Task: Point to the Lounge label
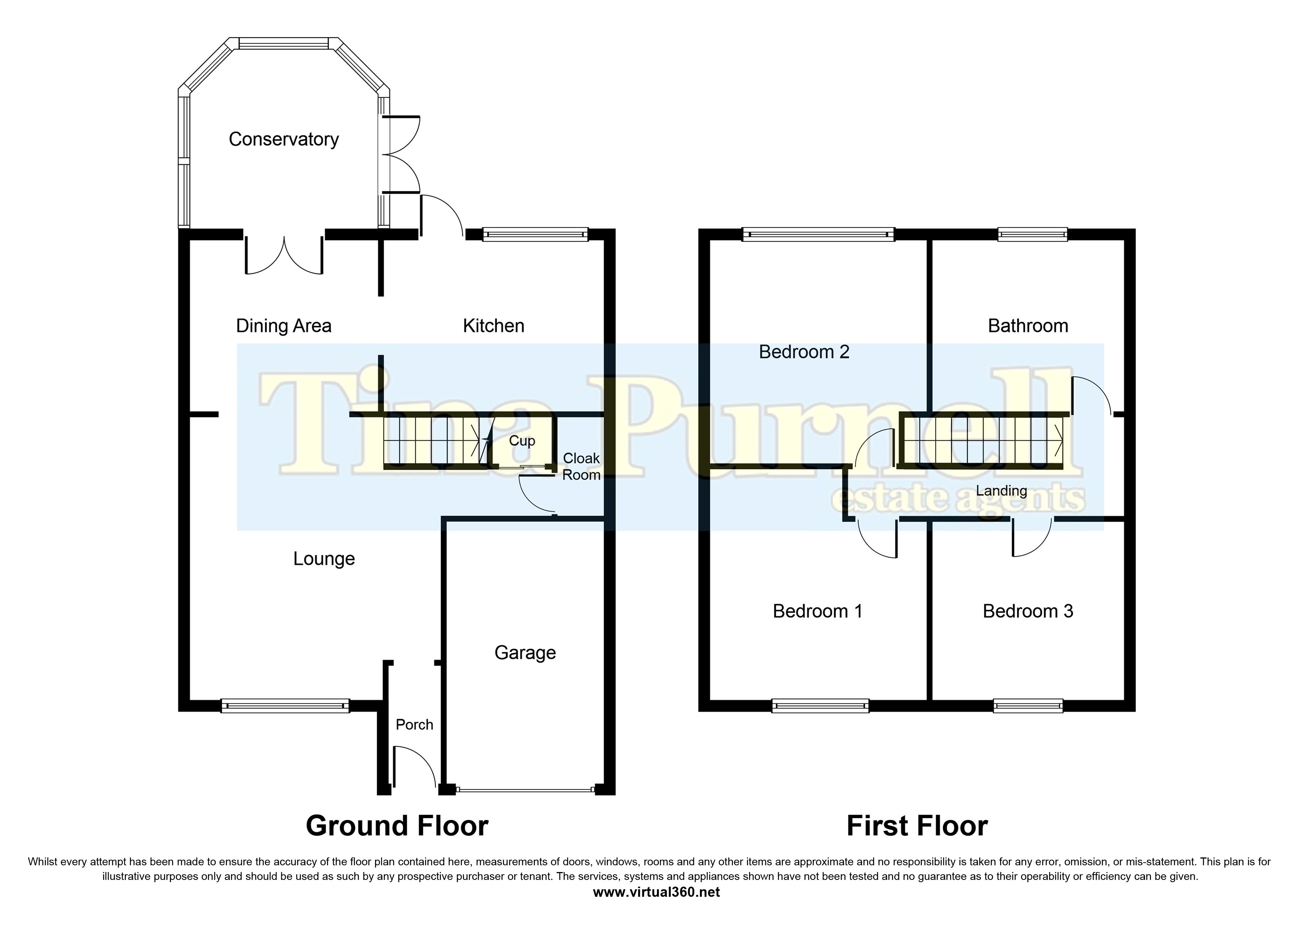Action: click(324, 559)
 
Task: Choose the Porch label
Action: click(414, 725)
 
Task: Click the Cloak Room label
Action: click(581, 467)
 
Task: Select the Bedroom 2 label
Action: click(804, 352)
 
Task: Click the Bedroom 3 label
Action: click(1028, 611)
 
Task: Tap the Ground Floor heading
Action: click(397, 826)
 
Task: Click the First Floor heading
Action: click(917, 826)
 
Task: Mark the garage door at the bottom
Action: click(525, 790)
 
